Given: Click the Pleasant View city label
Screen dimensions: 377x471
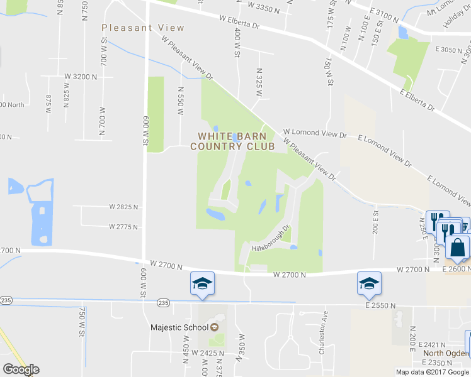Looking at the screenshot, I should tap(144, 28).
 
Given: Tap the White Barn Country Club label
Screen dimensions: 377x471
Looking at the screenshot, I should tap(236, 141).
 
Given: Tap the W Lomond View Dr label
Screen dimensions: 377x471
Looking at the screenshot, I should tap(315, 134).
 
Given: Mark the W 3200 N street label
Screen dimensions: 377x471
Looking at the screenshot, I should tap(81, 77).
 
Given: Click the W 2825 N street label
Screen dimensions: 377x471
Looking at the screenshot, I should tap(123, 207).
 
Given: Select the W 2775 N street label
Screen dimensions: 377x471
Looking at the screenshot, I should tap(123, 226).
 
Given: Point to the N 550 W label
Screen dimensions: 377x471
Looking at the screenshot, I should tap(181, 101).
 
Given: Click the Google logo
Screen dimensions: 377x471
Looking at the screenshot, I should tap(21, 369).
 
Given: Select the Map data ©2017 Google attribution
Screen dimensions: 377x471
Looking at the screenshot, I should tap(433, 372).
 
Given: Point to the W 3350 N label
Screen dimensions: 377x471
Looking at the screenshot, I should tap(263, 5).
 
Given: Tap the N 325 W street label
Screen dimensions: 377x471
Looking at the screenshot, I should tap(258, 82).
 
